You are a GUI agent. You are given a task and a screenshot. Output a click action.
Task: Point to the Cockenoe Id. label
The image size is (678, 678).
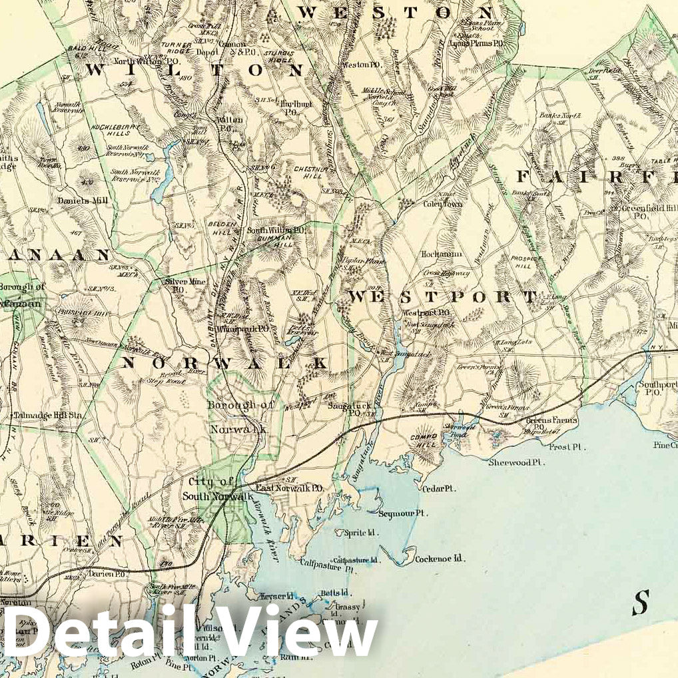pos(440,559)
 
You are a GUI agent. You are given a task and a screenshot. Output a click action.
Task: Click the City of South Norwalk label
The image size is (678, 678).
pos(211,490)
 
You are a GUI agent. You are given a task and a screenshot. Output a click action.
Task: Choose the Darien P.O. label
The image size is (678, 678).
pos(103,573)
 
